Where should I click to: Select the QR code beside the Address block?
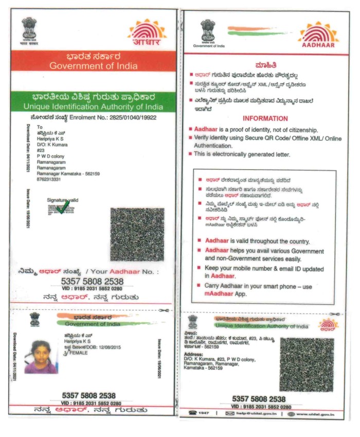tap(307, 363)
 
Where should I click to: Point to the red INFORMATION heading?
tap(265, 118)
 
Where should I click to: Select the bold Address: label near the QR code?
tap(194, 355)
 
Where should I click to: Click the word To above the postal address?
tap(39, 127)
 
